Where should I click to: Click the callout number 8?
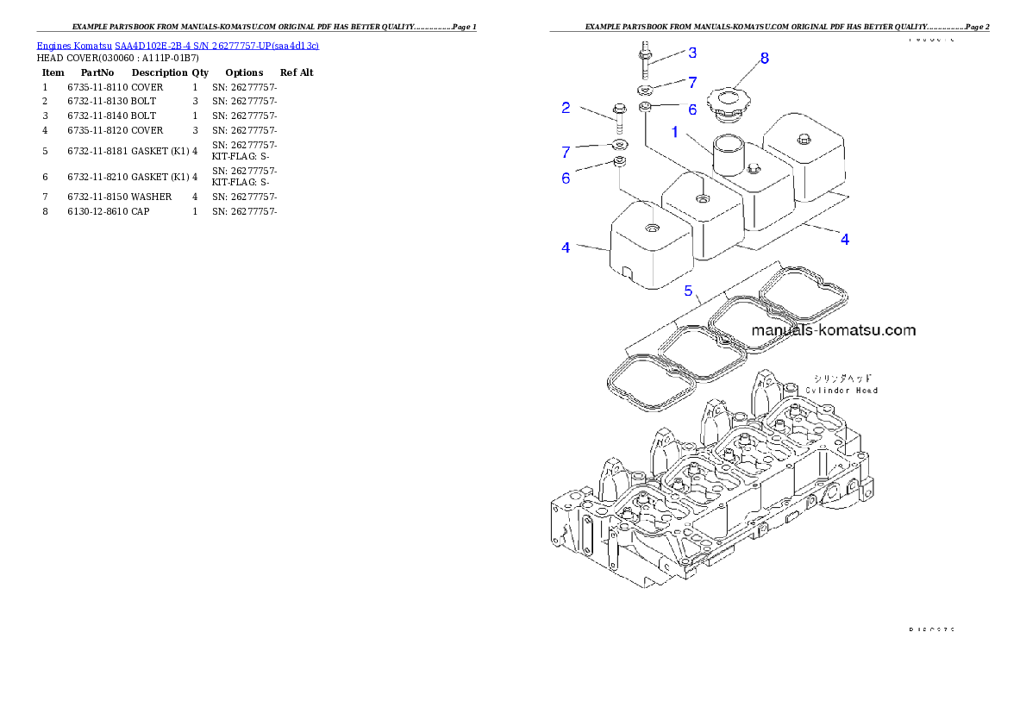[764, 59]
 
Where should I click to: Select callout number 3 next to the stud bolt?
[692, 53]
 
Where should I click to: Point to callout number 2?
[566, 108]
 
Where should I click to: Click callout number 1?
[675, 132]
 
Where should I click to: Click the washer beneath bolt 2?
[619, 143]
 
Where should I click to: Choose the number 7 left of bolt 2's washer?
[566, 153]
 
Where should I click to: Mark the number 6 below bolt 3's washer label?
[691, 110]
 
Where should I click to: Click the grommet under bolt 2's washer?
[619, 161]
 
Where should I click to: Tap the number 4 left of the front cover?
[566, 248]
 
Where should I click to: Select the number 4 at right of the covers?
[845, 240]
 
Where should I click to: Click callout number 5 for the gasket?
[688, 291]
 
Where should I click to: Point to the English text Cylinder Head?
[841, 391]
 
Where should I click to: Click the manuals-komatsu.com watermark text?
[833, 330]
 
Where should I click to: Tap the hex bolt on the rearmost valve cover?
[804, 139]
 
